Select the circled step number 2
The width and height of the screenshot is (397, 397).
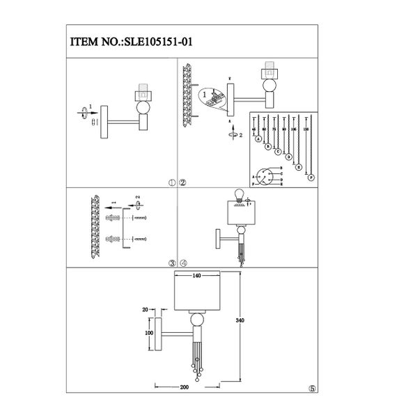point(182,184)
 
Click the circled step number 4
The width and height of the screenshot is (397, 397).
point(182,263)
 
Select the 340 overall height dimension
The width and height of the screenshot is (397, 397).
point(240,320)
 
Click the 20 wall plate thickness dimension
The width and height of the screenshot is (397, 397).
point(146,310)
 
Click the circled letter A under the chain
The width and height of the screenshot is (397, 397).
point(258,139)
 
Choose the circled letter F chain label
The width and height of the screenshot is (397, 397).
point(311,178)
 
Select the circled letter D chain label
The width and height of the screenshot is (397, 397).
point(288,157)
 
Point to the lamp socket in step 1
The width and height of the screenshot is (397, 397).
point(143,93)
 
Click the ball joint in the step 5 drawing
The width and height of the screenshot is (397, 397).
point(196,319)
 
